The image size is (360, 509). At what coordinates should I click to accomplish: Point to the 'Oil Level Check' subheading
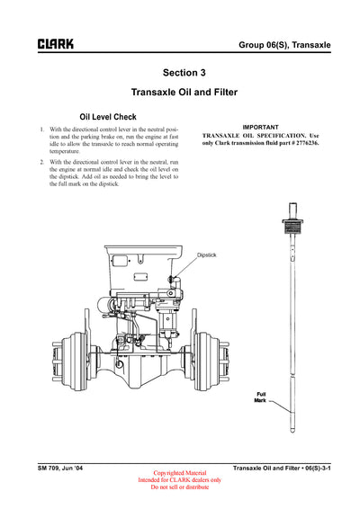(108, 117)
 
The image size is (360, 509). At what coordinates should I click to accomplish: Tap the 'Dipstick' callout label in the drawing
(209, 255)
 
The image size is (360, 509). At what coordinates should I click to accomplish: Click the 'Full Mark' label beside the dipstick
(261, 397)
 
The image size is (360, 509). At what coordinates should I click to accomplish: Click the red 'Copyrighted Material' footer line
(180, 473)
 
